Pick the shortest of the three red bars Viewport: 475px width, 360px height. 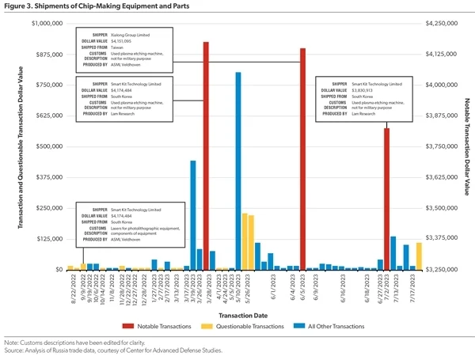tap(387, 199)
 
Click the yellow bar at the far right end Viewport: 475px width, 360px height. tap(419, 256)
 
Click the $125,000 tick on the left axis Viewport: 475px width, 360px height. tap(49, 238)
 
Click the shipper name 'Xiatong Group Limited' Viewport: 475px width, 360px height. tap(134, 34)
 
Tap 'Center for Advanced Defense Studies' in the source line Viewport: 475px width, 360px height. tap(151, 351)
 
